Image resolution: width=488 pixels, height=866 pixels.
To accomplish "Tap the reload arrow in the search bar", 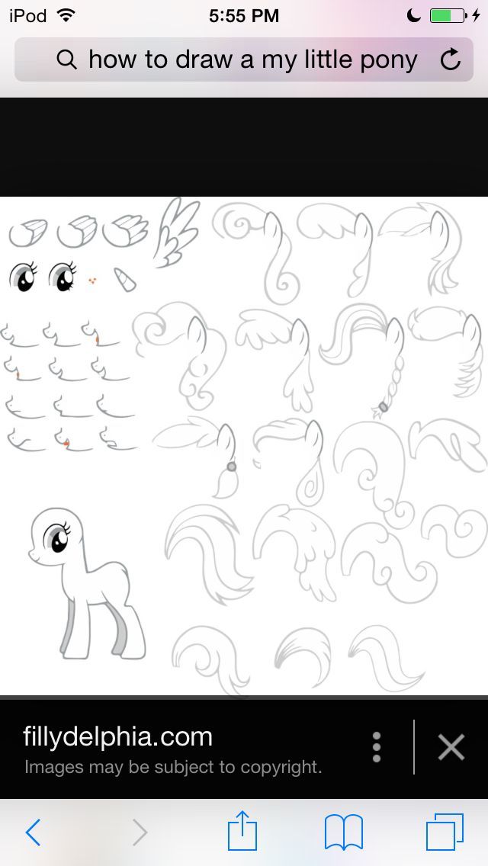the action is (451, 59).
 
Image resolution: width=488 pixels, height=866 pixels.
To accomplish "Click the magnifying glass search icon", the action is (66, 59).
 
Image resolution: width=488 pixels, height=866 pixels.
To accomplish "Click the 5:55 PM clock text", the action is (244, 15).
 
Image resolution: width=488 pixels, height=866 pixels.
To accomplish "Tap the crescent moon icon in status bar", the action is (413, 15).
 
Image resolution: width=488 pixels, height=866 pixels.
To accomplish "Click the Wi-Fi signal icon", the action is (66, 15).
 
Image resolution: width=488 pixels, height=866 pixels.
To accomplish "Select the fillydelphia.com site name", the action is (117, 736).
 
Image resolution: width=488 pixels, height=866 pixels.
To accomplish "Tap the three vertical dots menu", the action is (377, 747).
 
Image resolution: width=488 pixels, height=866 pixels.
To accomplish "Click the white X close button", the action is (451, 747).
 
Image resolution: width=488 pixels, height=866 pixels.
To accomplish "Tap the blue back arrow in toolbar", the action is (33, 832).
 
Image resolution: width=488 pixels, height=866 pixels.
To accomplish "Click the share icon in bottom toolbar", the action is (242, 830).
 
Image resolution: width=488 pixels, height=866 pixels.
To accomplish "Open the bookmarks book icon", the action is (343, 832).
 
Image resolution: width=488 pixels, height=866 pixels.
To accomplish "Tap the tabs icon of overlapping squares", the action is (445, 832).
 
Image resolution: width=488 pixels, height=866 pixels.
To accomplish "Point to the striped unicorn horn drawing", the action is (125, 279).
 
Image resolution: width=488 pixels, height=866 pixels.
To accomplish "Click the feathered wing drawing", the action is (176, 233).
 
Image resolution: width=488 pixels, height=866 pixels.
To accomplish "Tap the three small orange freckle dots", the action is (92, 281).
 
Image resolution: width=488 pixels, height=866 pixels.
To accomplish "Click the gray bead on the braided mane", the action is (383, 407).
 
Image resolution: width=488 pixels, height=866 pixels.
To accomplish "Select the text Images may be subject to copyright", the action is (173, 767).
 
